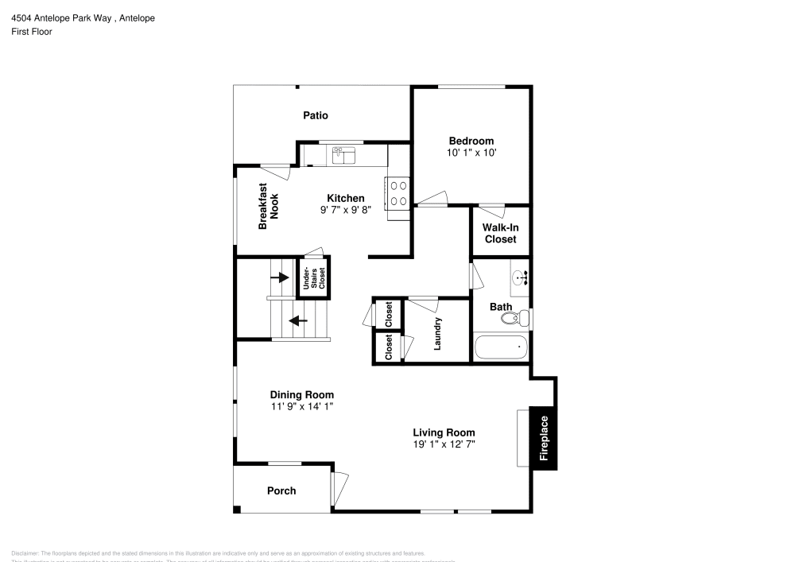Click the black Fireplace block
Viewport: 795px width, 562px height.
(544, 438)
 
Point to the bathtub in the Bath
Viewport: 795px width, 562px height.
(501, 347)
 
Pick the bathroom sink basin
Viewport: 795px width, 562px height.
(519, 278)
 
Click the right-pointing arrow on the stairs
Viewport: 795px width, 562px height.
(280, 277)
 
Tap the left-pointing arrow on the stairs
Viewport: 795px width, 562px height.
(298, 321)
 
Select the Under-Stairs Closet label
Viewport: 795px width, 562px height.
(313, 278)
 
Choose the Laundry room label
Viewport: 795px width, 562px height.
(437, 334)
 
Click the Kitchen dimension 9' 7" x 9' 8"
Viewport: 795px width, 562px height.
(346, 210)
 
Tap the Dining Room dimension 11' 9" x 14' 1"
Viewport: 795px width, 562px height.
(301, 406)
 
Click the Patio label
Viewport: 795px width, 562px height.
(316, 115)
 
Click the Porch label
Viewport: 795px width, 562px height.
(281, 490)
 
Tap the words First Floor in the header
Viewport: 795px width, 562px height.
(32, 32)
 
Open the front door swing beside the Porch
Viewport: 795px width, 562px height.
(340, 485)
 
